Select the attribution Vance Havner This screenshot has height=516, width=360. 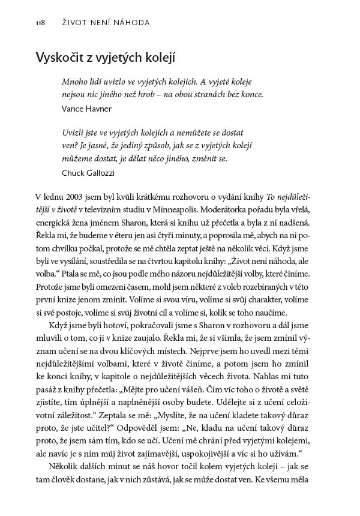tap(85, 110)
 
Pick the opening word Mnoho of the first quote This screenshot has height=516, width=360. tap(75, 80)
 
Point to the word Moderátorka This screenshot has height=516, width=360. tap(226, 212)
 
